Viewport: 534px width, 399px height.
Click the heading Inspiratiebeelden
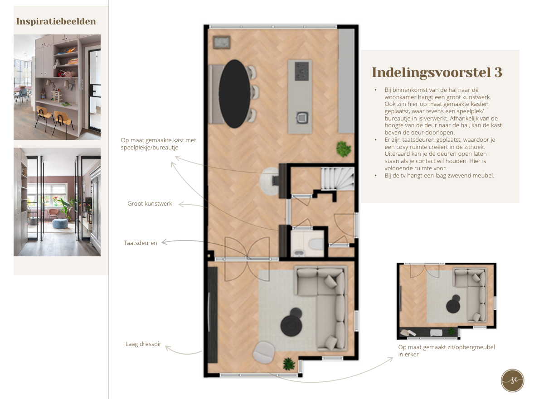(x=56, y=21)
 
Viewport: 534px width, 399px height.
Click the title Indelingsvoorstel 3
(x=437, y=72)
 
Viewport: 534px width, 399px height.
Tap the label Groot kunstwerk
(x=150, y=203)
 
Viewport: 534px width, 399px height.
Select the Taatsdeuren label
(x=141, y=243)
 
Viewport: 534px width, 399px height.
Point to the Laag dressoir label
(x=143, y=344)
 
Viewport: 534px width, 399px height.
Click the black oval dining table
(x=235, y=94)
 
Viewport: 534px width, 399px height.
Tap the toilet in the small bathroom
(x=316, y=244)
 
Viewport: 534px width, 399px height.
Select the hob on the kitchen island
(x=302, y=71)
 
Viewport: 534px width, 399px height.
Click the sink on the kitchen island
(x=302, y=118)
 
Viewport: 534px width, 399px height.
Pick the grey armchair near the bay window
(x=264, y=352)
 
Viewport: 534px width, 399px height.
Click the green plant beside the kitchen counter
(x=344, y=149)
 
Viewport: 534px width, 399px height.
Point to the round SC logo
(x=513, y=380)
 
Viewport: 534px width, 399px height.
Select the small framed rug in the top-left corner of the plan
(x=222, y=43)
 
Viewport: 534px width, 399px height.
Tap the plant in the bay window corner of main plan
(x=289, y=364)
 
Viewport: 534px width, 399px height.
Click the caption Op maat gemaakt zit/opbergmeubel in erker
(x=447, y=351)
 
